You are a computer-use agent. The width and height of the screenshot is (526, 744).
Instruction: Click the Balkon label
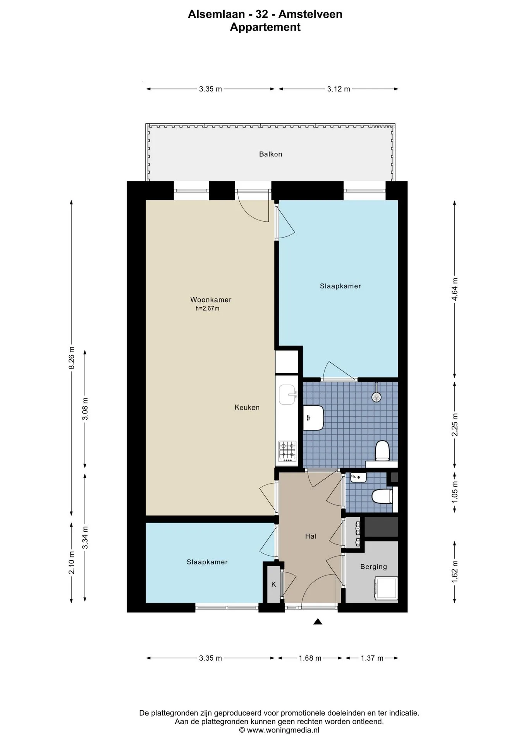click(270, 154)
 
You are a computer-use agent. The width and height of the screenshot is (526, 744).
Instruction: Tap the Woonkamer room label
click(211, 300)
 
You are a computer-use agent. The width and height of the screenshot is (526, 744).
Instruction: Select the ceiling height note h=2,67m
click(207, 309)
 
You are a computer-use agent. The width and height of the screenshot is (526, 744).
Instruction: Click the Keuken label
click(247, 407)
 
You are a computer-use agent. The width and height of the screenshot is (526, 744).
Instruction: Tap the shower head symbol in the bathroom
click(376, 397)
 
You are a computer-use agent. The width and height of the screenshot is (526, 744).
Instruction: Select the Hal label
click(311, 536)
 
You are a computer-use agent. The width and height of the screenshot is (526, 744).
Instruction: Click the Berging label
click(373, 567)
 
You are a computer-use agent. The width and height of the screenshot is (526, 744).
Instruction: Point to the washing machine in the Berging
click(386, 589)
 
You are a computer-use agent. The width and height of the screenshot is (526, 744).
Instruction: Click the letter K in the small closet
click(273, 584)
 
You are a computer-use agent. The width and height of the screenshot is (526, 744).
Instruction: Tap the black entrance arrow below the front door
click(318, 622)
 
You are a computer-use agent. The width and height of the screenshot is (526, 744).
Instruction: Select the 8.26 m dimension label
click(72, 358)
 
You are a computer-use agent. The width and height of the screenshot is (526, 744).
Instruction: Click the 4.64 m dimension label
click(455, 289)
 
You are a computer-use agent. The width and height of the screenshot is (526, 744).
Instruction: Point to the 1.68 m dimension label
click(310, 658)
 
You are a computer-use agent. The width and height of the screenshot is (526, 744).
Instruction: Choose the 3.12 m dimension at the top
click(339, 89)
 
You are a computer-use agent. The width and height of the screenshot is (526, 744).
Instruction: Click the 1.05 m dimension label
click(455, 492)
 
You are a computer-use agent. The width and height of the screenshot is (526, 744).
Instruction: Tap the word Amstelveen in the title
click(310, 14)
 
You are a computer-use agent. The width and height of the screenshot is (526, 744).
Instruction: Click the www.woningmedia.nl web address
click(283, 730)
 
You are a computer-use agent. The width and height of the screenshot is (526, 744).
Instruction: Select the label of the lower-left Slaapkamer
click(207, 562)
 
